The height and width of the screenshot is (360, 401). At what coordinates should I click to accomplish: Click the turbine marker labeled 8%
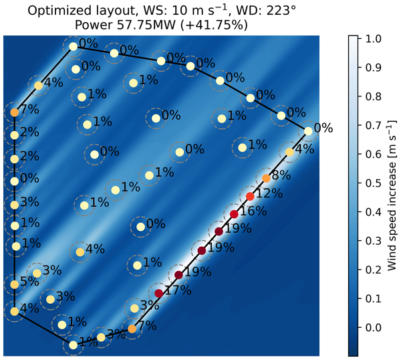point(266,178)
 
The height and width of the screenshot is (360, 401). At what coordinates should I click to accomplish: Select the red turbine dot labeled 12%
point(250,196)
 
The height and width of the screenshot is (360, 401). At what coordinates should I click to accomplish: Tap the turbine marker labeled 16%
point(234,214)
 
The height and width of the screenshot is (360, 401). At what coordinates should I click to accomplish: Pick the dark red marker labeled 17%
point(158,293)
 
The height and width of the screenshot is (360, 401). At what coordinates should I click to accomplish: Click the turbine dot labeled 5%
point(14,284)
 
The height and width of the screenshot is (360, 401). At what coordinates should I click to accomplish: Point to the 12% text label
point(267,194)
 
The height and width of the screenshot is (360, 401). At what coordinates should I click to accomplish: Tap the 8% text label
point(281,176)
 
